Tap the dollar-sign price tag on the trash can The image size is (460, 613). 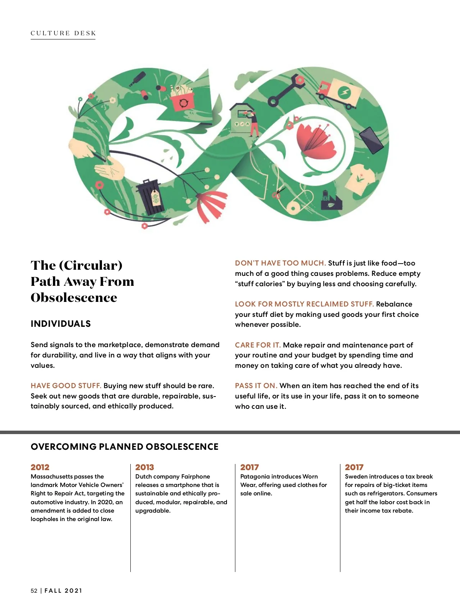click(156, 198)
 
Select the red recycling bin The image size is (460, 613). click(182, 102)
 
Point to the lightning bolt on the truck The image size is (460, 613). click(344, 92)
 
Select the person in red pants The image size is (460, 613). click(253, 124)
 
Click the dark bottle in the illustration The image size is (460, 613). click(137, 79)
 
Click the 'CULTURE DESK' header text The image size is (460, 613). click(63, 33)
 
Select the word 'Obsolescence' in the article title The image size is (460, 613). click(74, 298)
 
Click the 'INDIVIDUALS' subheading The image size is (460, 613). click(61, 324)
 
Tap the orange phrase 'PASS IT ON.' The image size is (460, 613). click(256, 386)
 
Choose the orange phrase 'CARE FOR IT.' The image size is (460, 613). click(258, 345)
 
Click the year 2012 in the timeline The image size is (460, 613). click(40, 467)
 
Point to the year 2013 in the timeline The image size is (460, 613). click(145, 467)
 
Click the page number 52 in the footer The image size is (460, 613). click(34, 591)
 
